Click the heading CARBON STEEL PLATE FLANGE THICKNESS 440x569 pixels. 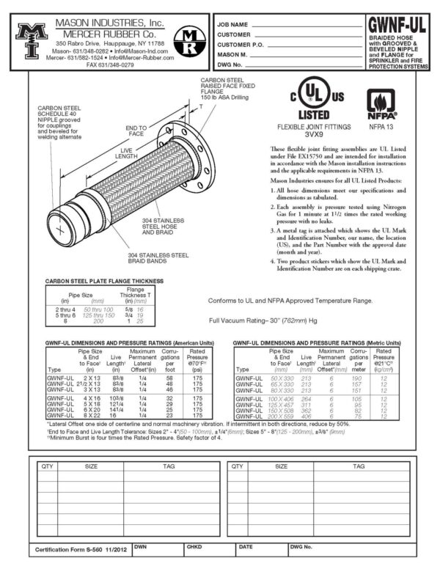click(x=104, y=281)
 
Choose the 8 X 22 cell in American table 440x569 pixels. click(x=91, y=416)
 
